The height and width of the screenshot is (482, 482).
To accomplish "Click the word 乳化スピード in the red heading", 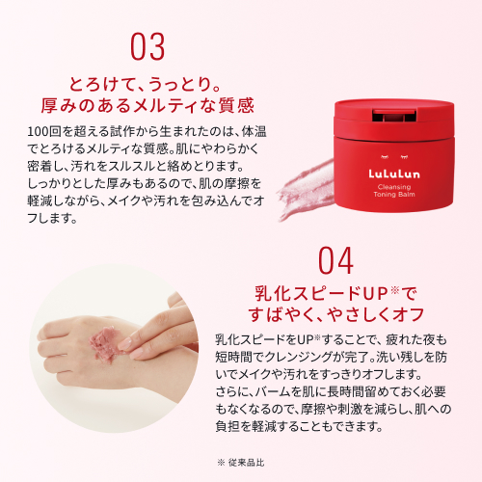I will click(310, 292).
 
